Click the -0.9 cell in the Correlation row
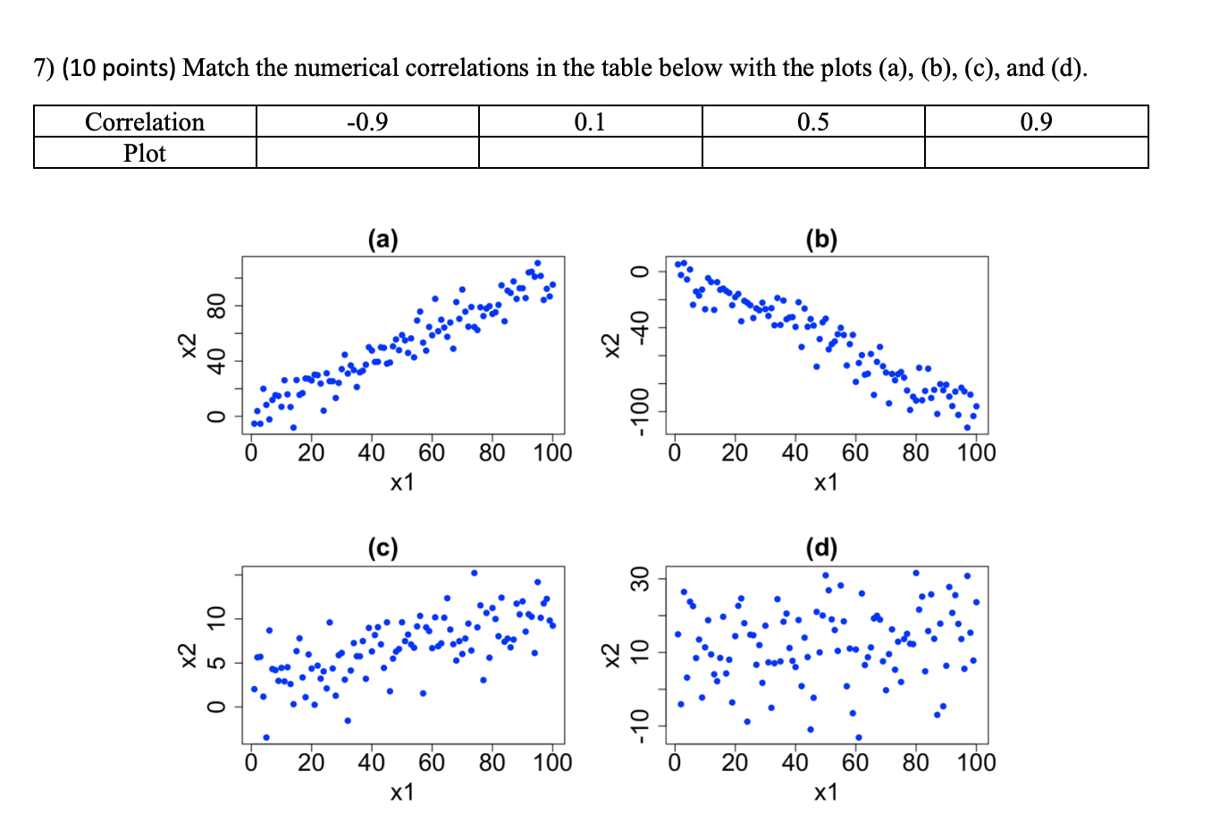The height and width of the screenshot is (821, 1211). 367,121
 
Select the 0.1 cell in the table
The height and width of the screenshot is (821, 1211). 590,121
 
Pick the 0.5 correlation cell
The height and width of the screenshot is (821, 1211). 813,121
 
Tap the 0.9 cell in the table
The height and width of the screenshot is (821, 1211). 1036,121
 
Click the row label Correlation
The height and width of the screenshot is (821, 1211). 145,121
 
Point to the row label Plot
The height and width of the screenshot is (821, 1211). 145,153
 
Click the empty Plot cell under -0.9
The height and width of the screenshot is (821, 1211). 367,153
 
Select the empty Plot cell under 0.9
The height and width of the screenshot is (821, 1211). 1036,153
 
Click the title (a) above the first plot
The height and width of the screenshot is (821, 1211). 383,239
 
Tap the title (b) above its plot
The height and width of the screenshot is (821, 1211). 821,239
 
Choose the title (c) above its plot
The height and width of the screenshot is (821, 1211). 383,547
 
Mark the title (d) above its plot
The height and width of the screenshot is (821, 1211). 821,547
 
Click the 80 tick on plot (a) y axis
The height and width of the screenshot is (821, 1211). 214,306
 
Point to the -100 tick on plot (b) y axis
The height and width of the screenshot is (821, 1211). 638,411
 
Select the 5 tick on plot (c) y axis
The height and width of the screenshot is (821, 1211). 214,663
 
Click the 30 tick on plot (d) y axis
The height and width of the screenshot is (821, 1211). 638,579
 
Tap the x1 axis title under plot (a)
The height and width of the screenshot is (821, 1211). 402,482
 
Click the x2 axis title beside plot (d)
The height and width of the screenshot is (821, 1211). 610,654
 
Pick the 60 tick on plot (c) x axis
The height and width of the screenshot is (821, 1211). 432,763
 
